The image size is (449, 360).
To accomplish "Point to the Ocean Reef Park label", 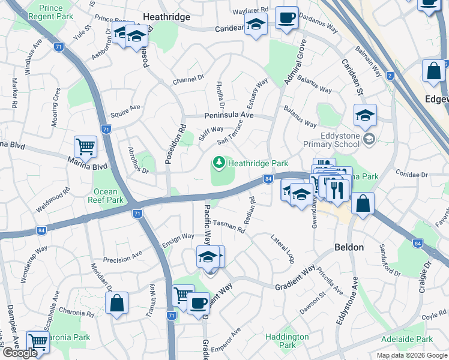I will click(106, 196).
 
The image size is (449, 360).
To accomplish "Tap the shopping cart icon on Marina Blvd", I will click(85, 146).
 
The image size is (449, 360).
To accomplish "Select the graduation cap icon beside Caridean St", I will click(365, 116).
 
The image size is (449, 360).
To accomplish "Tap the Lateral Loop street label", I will click(282, 249).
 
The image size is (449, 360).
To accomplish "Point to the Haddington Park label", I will click(288, 341).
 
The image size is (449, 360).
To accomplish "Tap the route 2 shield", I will click(390, 76).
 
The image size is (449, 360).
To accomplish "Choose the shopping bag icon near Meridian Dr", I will click(117, 303).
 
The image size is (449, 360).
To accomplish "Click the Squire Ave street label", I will click(125, 109).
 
